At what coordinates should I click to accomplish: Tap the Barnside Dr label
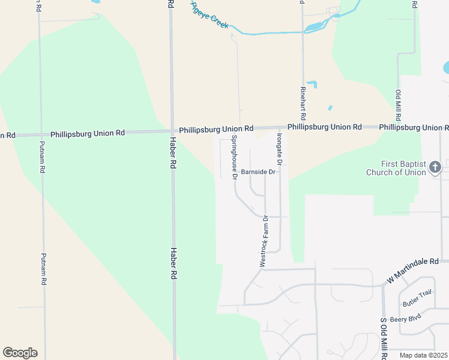click(x=258, y=172)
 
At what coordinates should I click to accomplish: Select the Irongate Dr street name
click(x=279, y=146)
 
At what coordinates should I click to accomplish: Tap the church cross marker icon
click(x=435, y=167)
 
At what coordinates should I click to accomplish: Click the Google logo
click(x=20, y=353)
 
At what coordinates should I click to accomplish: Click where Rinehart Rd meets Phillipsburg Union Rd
click(x=303, y=128)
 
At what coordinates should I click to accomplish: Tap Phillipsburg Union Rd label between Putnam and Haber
click(x=88, y=133)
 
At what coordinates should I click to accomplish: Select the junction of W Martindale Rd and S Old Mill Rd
click(x=383, y=284)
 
